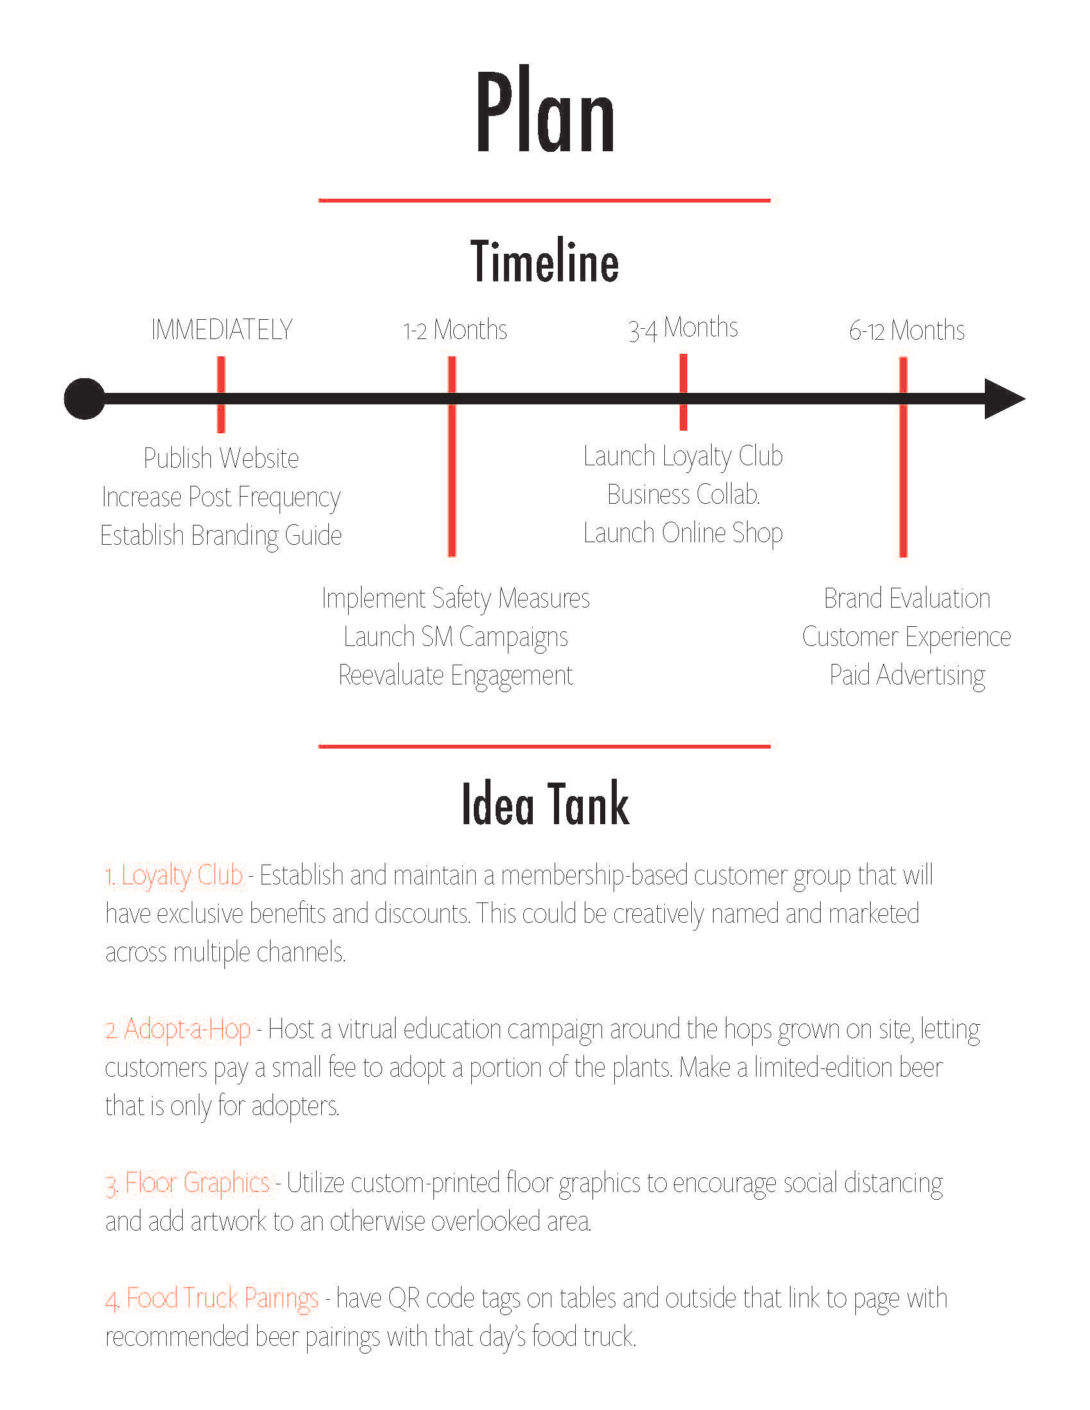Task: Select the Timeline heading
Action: (x=544, y=261)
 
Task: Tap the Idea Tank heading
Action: (x=545, y=804)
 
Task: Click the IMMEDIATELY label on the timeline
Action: (x=221, y=330)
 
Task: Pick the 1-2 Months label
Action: (x=455, y=330)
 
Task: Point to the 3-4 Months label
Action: (x=683, y=329)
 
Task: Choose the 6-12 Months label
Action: (x=907, y=331)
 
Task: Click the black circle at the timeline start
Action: (x=85, y=399)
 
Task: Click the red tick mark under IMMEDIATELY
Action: (x=221, y=374)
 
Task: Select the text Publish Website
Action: (x=221, y=458)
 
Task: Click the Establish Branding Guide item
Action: (x=221, y=535)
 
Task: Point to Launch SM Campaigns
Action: (x=455, y=636)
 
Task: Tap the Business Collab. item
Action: (x=683, y=495)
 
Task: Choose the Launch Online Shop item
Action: (x=683, y=533)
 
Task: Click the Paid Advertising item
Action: (x=907, y=676)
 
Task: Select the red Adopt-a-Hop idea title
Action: (x=178, y=1029)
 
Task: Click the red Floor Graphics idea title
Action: (x=188, y=1182)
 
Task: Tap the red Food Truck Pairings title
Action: (x=212, y=1298)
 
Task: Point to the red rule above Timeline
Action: (x=544, y=201)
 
